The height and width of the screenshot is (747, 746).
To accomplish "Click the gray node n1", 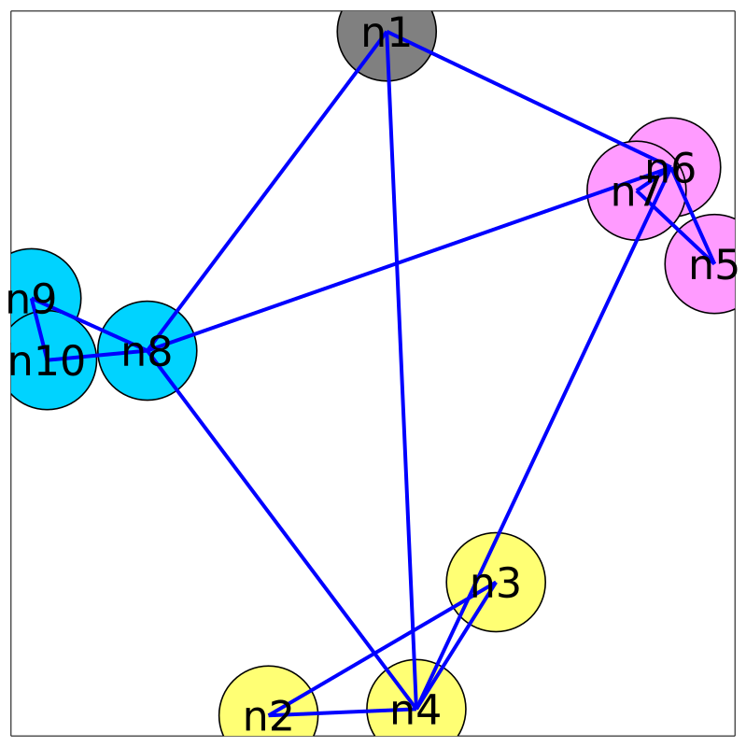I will coord(387,33).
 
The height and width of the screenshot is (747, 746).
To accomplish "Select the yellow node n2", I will coord(268,714).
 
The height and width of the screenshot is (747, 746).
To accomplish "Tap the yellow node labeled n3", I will coord(496,582).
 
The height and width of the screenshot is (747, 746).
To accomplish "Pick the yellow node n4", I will coord(416,709).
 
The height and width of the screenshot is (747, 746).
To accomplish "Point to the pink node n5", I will coord(714,264).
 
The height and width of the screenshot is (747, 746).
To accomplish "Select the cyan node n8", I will coord(148,351).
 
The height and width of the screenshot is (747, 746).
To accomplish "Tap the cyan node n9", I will coord(32,299).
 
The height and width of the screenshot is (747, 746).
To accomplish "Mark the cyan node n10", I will coord(47,360).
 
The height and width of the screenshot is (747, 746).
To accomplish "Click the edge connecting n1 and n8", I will coord(267,191).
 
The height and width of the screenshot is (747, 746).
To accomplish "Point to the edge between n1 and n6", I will coord(528,100).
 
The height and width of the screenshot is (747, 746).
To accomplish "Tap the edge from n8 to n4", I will coord(280,529).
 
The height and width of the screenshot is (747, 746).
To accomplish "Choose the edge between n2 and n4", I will coord(342,712).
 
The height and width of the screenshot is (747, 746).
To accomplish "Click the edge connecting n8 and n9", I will coord(90,325).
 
